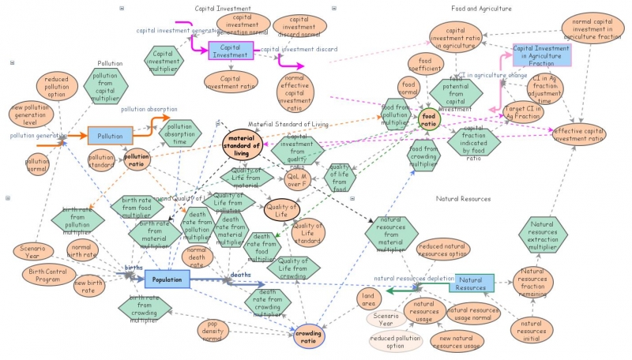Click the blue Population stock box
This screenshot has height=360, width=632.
[x=167, y=279]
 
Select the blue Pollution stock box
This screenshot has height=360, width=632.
[x=110, y=136]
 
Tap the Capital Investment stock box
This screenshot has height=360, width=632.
[x=231, y=51]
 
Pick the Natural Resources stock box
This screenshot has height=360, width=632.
[x=472, y=283]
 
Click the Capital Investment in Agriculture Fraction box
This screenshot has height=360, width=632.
[x=542, y=54]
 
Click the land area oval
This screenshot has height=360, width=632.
[x=368, y=299]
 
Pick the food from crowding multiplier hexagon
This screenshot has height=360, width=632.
[x=423, y=154]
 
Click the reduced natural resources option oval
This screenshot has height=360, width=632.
[x=442, y=250]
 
